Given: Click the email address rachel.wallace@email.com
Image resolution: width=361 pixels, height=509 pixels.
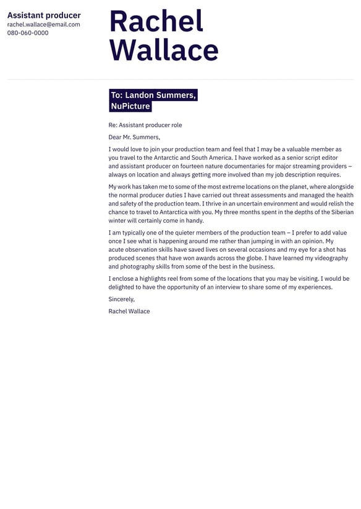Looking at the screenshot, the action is point(43,25).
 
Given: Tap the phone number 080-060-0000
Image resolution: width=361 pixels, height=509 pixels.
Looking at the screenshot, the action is point(28,33).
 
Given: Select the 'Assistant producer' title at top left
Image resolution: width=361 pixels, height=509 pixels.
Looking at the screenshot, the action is point(44,15).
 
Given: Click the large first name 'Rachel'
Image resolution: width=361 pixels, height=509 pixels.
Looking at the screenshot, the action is point(156,22).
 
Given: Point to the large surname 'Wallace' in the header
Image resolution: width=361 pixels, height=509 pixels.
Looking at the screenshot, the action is point(164,50).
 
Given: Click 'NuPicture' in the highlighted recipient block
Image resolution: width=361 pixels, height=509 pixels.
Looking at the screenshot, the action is point(130,106).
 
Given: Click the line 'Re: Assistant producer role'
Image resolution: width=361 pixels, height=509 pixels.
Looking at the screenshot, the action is point(145,125).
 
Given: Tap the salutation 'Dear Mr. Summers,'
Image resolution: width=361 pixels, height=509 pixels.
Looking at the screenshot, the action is point(134,137).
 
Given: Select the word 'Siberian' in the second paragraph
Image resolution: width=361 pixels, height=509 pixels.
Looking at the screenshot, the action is point(339,212).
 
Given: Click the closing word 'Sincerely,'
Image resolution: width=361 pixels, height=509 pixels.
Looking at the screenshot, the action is point(121,299).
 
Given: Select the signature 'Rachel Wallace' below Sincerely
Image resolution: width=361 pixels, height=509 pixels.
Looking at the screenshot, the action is point(129,311).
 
